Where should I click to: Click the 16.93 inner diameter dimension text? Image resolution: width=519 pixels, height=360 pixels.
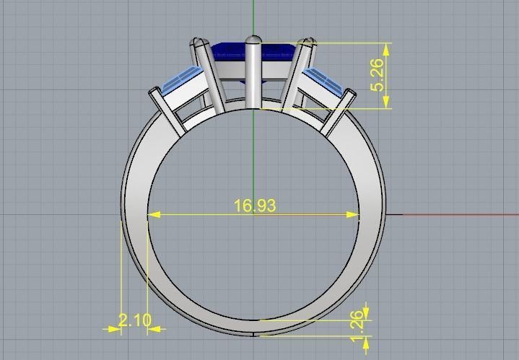[x=255, y=206]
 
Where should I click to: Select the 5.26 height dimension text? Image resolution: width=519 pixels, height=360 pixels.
[x=377, y=75]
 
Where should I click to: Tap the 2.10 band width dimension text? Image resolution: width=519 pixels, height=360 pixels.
[x=134, y=320]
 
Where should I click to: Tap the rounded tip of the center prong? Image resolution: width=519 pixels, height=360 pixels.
[x=253, y=40]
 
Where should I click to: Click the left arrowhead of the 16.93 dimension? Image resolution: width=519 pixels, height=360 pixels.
[x=153, y=214]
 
